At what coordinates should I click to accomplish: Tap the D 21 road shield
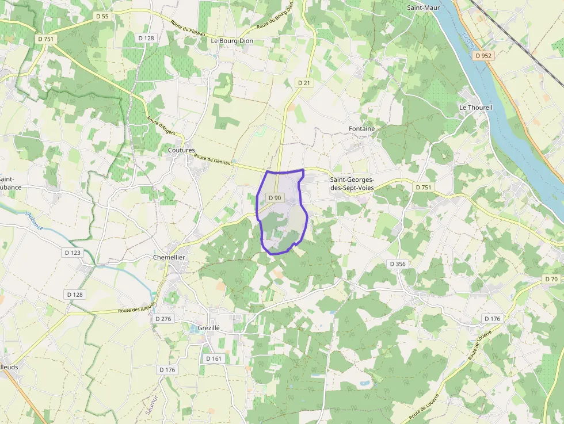pyautogui.click(x=304, y=83)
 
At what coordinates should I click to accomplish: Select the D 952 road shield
pyautogui.click(x=483, y=56)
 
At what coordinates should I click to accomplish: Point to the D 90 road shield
pyautogui.click(x=275, y=198)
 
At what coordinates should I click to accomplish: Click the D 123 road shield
pyautogui.click(x=73, y=252)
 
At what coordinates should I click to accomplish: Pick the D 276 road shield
pyautogui.click(x=163, y=319)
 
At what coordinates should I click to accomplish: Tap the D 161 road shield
pyautogui.click(x=214, y=358)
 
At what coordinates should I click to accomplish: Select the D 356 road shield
pyautogui.click(x=398, y=264)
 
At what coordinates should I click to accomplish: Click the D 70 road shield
pyautogui.click(x=551, y=279)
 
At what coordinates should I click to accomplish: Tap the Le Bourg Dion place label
pyautogui.click(x=232, y=41)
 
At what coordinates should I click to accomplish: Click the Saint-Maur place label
pyautogui.click(x=424, y=7)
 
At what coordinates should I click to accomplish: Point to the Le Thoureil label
pyautogui.click(x=476, y=108)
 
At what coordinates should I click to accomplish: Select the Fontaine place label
pyautogui.click(x=361, y=129)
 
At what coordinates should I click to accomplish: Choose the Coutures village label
pyautogui.click(x=181, y=150)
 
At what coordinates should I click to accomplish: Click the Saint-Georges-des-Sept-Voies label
pyautogui.click(x=360, y=184)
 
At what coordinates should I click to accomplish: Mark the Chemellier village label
pyautogui.click(x=169, y=257)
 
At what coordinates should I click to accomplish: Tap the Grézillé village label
pyautogui.click(x=209, y=327)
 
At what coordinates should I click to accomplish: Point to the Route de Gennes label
pyautogui.click(x=212, y=160)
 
